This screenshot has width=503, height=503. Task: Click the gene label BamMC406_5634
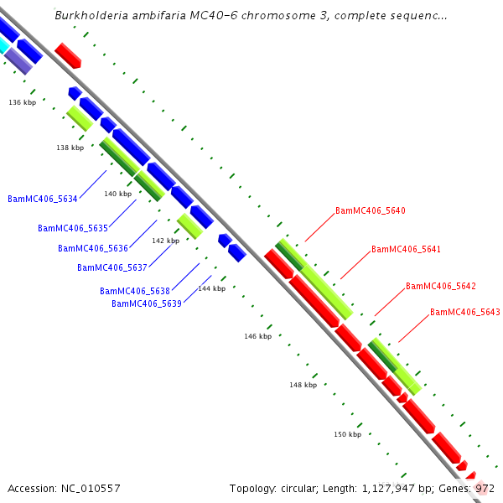(x=43, y=199)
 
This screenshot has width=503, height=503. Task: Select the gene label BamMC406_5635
(x=73, y=228)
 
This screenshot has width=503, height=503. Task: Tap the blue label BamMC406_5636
(x=93, y=248)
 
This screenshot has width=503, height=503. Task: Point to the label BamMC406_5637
(x=112, y=267)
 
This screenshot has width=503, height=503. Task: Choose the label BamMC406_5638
(x=135, y=291)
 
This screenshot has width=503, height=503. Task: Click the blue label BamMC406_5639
(x=147, y=303)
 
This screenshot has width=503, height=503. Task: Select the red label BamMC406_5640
(x=371, y=211)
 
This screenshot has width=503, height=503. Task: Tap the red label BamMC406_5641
(x=406, y=250)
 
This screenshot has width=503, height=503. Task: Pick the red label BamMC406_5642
(x=441, y=287)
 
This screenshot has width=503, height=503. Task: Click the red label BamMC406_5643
(x=465, y=313)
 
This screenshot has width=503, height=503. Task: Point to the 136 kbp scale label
(x=23, y=102)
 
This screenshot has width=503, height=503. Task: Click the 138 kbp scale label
(x=70, y=148)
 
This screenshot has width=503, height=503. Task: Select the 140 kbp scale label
(x=118, y=194)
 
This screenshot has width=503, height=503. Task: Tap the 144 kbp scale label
(x=211, y=288)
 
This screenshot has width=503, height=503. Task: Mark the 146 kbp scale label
(x=258, y=336)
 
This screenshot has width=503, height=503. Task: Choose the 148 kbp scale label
(x=303, y=386)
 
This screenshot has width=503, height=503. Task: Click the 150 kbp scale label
(x=348, y=434)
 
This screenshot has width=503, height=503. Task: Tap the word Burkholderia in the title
(x=88, y=16)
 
